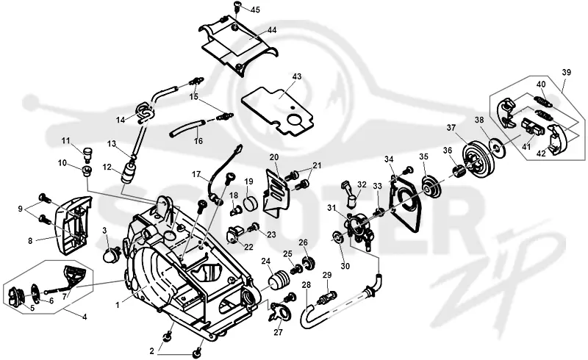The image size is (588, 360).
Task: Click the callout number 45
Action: click(255, 10)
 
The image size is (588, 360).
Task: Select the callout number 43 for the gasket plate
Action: click(297, 76)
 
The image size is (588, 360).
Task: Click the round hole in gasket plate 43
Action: click(295, 120)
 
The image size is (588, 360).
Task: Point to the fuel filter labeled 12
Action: click(128, 174)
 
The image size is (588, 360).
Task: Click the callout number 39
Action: click(566, 73)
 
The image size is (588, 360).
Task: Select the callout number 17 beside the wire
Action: click(197, 174)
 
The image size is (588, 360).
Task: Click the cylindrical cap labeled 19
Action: click(251, 204)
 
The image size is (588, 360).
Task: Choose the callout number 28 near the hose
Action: click(306, 285)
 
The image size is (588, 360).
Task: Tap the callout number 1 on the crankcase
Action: click(118, 306)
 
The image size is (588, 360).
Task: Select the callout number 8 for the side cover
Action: click(31, 241)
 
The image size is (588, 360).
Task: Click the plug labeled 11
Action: click(88, 153)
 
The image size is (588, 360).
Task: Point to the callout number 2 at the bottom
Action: click(151, 351)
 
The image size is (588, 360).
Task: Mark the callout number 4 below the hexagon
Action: click(85, 317)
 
